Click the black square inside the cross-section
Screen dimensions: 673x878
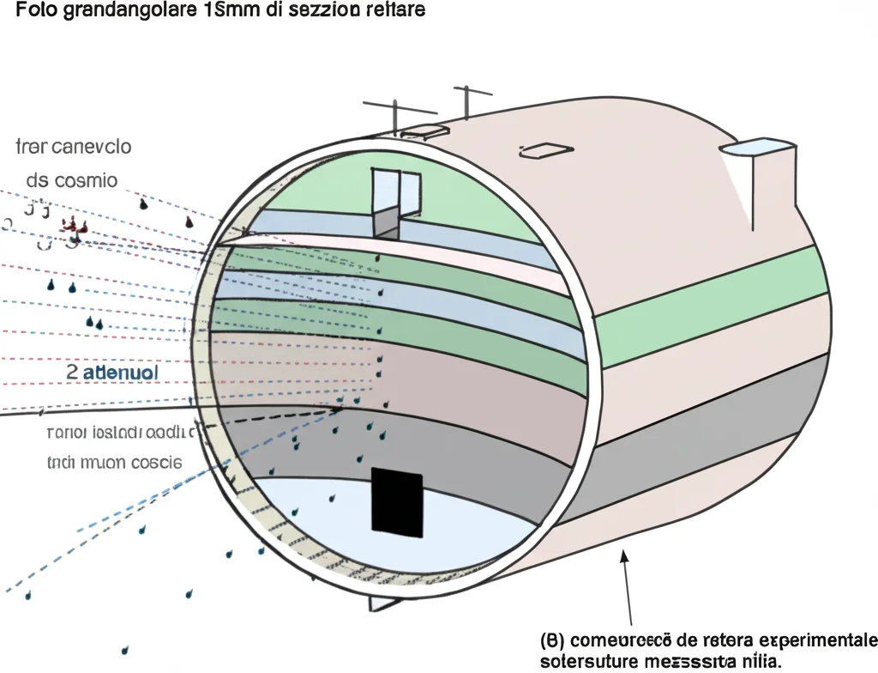tap(397, 502)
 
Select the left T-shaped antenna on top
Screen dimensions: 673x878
tap(394, 112)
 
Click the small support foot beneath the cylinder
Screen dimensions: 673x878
tap(380, 603)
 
